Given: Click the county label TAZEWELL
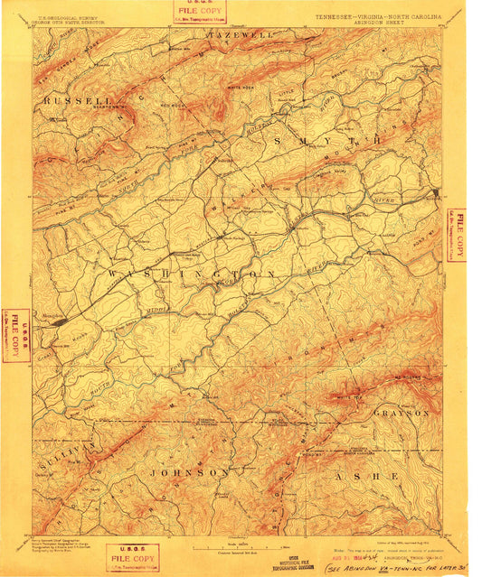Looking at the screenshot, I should [241, 34].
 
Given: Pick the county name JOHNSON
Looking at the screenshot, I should [189, 472].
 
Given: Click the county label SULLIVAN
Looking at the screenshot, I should [79, 454].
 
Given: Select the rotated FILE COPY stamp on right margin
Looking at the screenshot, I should [458, 235].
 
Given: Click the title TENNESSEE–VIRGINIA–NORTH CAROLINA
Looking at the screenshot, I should [378, 16].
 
